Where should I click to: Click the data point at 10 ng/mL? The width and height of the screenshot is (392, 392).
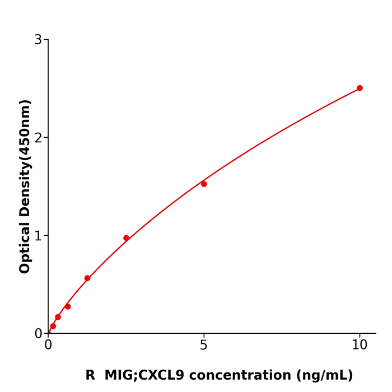pyautogui.click(x=360, y=88)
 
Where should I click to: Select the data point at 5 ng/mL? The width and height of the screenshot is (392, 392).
pyautogui.click(x=204, y=184)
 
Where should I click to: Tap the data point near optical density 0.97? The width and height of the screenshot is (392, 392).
pyautogui.click(x=126, y=238)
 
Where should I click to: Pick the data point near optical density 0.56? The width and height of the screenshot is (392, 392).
pyautogui.click(x=87, y=278)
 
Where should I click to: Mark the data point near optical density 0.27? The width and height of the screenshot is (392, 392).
pyautogui.click(x=68, y=306)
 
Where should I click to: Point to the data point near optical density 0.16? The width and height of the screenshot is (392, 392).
pyautogui.click(x=58, y=317)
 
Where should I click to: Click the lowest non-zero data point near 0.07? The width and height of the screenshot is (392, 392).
pyautogui.click(x=53, y=326)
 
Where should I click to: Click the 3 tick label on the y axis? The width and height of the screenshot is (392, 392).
pyautogui.click(x=38, y=40)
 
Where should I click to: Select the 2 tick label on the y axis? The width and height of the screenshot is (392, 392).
pyautogui.click(x=38, y=138)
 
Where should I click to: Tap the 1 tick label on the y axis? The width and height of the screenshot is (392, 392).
pyautogui.click(x=38, y=236)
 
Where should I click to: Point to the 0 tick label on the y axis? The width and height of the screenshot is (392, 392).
pyautogui.click(x=38, y=334)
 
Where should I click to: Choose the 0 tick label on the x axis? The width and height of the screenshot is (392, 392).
pyautogui.click(x=48, y=346)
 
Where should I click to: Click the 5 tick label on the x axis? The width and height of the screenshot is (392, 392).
pyautogui.click(x=204, y=346)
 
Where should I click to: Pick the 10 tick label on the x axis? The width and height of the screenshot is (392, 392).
pyautogui.click(x=360, y=346)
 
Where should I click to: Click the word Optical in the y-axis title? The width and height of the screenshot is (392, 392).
pyautogui.click(x=25, y=248)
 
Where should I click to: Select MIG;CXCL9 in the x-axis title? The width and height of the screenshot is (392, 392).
pyautogui.click(x=144, y=376)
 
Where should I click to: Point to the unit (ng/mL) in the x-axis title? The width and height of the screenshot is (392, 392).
pyautogui.click(x=325, y=376)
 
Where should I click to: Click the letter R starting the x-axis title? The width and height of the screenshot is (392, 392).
pyautogui.click(x=90, y=376)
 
